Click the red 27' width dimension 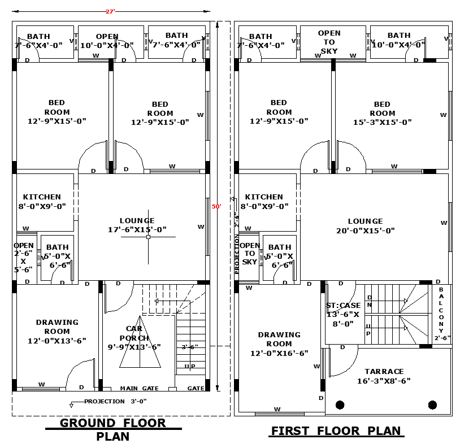110,11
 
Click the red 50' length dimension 216,207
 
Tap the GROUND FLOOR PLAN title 113,429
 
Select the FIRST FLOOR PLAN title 336,431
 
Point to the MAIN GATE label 139,389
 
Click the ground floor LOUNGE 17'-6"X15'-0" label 137,225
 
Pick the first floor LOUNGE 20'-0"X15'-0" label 365,225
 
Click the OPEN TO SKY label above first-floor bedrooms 329,42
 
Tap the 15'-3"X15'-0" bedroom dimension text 382,122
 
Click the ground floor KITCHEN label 42,202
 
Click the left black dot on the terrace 340,404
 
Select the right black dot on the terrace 432,404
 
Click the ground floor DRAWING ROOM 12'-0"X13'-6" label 57,332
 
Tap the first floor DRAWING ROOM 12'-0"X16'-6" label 279,343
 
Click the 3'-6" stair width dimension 189,347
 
